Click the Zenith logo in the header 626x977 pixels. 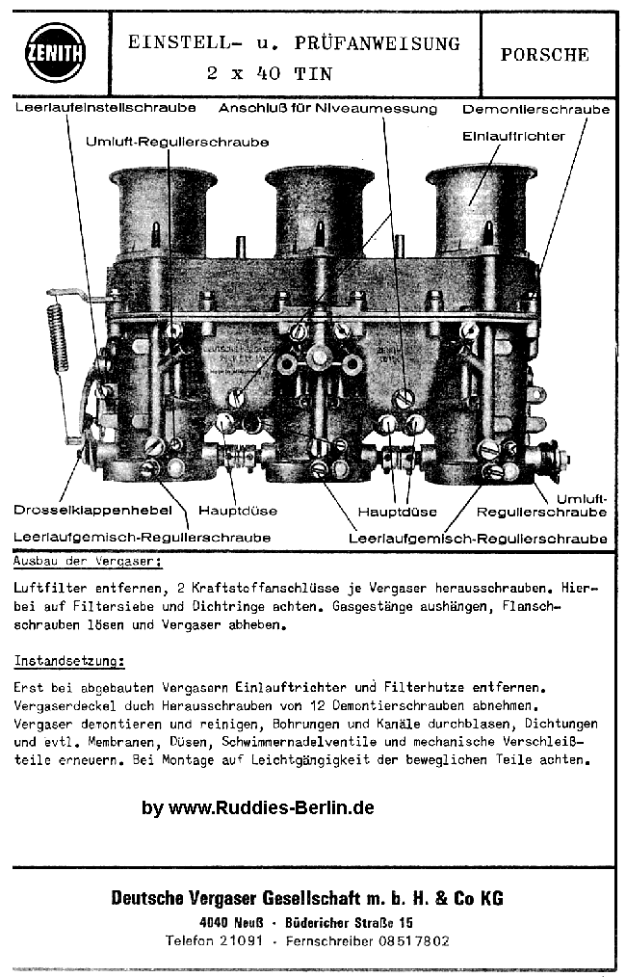point(55,52)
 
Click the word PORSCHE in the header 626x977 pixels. point(544,55)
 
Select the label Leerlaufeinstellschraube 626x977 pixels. point(106,108)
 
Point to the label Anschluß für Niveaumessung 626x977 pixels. point(327,108)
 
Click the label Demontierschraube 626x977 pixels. point(535,109)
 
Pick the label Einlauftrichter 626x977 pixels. point(513,137)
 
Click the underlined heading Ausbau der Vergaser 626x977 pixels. point(88,560)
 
